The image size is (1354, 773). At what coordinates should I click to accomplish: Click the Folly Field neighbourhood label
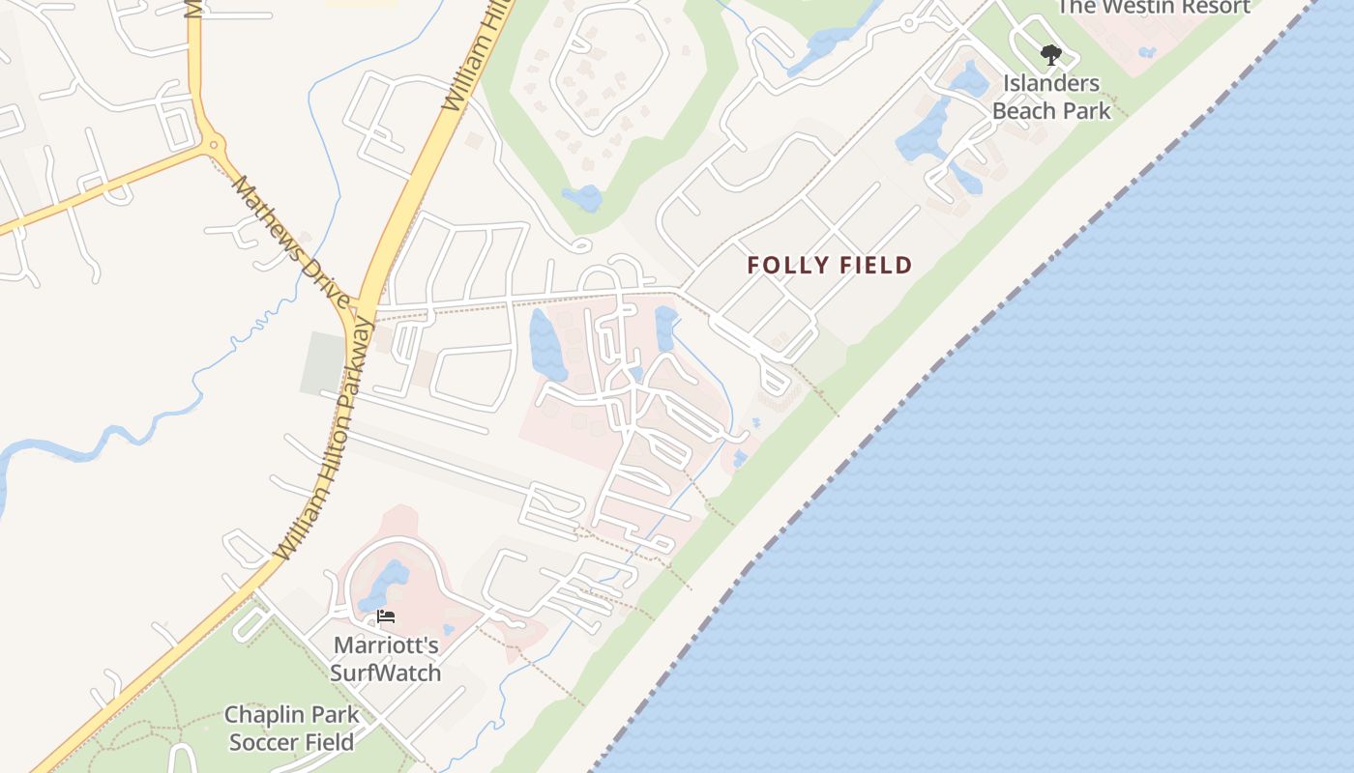pyautogui.click(x=830, y=265)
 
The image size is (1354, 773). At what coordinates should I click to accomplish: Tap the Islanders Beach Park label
pyautogui.click(x=1051, y=97)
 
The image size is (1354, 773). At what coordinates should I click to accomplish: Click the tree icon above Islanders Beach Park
pyautogui.click(x=1050, y=55)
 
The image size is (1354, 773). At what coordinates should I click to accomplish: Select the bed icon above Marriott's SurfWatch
pyautogui.click(x=386, y=616)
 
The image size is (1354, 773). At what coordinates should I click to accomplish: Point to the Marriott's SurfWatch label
pyautogui.click(x=386, y=658)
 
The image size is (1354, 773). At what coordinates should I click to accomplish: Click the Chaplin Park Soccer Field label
pyautogui.click(x=291, y=729)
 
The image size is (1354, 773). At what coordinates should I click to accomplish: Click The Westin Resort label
pyautogui.click(x=1154, y=7)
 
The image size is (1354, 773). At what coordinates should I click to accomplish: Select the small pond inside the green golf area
pyautogui.click(x=582, y=198)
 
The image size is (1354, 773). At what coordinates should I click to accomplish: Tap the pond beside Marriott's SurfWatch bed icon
pyautogui.click(x=387, y=582)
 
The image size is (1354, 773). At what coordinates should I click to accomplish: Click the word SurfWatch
pyautogui.click(x=386, y=673)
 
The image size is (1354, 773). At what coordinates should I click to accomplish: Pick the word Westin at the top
pyautogui.click(x=1139, y=7)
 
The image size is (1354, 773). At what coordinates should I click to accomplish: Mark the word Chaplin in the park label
pyautogui.click(x=259, y=715)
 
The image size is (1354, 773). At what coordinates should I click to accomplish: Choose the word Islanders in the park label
pyautogui.click(x=1051, y=83)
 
